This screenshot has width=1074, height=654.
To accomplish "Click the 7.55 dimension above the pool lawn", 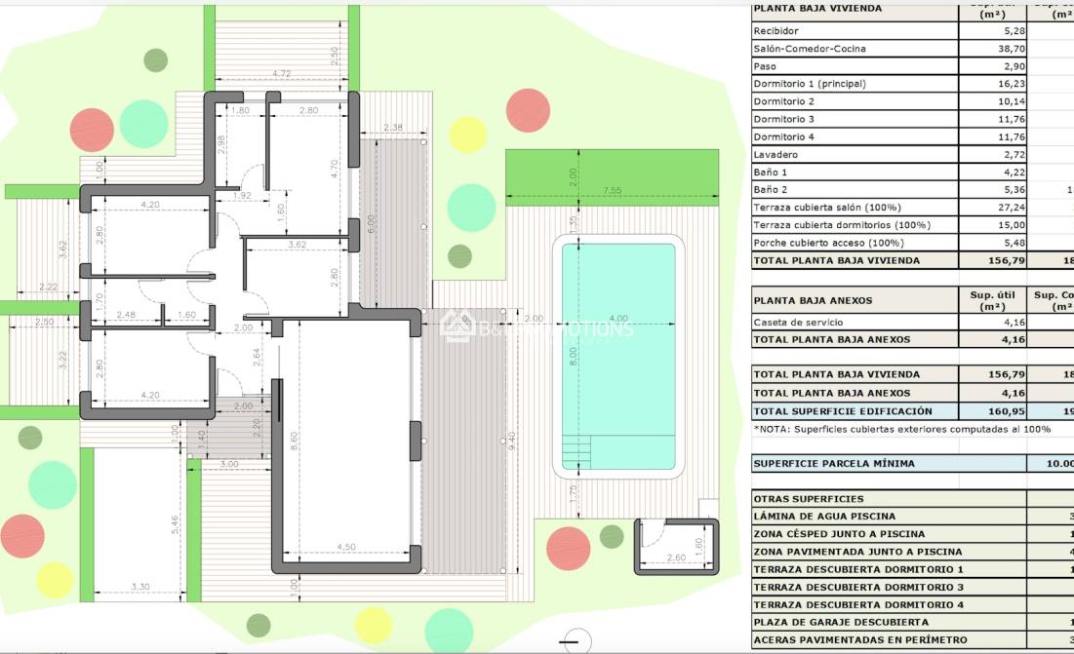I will point(612,190).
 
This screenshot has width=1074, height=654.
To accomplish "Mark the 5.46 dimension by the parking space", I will point(176,524).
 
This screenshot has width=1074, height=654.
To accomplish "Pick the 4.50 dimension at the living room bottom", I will point(345,547).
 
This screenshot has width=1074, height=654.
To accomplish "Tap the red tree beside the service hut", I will point(568,548).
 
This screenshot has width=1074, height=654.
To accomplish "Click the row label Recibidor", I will point(776,31).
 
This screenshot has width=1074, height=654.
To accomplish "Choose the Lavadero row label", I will point(776,155).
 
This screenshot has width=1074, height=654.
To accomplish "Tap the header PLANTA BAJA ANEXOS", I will point(813,300).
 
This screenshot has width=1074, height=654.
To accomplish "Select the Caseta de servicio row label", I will point(798,323).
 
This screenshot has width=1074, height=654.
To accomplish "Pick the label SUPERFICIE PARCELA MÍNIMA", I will point(834,464).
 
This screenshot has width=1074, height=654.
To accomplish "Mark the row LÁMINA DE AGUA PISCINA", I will point(824,517).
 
